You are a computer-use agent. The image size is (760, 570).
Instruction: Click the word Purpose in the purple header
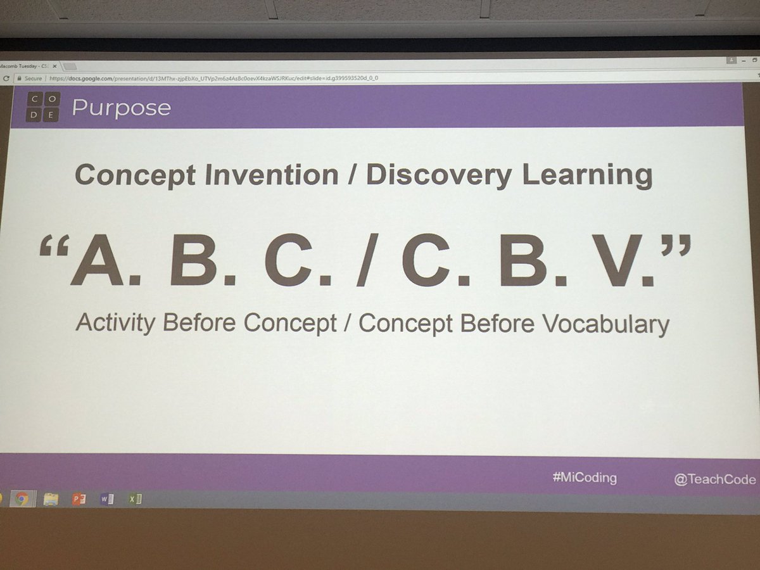pyautogui.click(x=121, y=107)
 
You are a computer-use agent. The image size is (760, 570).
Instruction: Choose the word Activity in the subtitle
pyautogui.click(x=115, y=323)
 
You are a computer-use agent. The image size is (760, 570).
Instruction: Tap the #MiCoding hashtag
pyautogui.click(x=584, y=478)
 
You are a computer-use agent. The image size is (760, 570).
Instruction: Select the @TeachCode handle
pyautogui.click(x=714, y=479)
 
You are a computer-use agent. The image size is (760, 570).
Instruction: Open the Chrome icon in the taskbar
pyautogui.click(x=22, y=499)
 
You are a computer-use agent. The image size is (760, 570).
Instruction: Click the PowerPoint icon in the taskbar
pyautogui.click(x=79, y=499)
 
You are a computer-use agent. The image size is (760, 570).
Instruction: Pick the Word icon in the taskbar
pyautogui.click(x=106, y=499)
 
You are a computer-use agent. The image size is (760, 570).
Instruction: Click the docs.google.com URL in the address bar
pyautogui.click(x=215, y=79)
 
